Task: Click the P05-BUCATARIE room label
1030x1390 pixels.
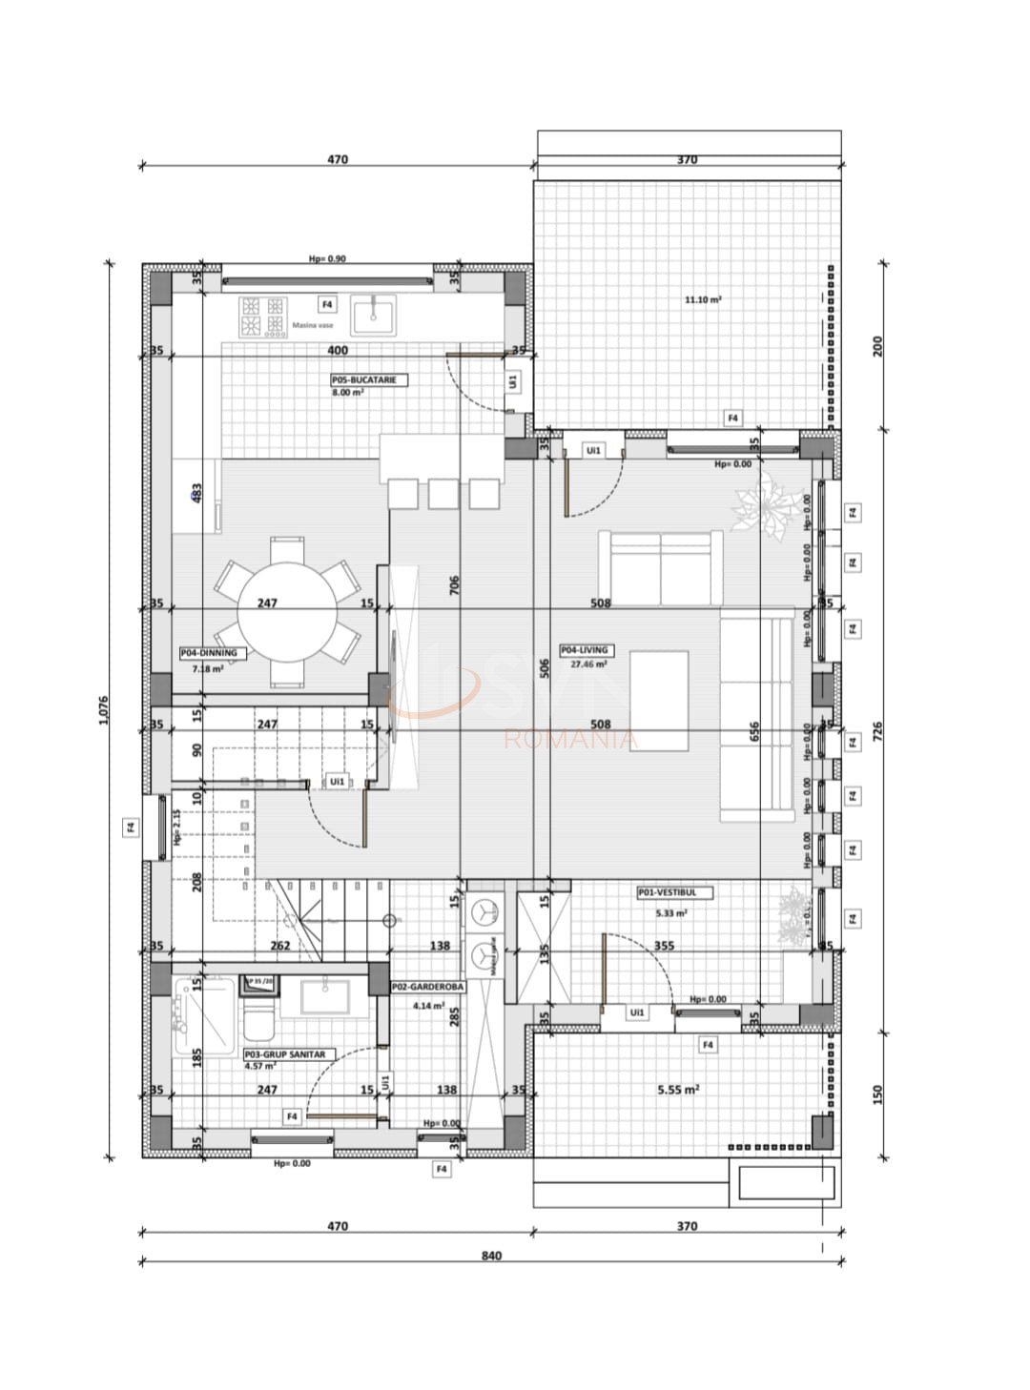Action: click(x=369, y=379)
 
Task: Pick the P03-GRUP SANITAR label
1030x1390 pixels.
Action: click(x=285, y=1054)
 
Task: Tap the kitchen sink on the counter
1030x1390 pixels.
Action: click(x=373, y=315)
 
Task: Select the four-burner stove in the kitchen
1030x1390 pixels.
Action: click(x=263, y=317)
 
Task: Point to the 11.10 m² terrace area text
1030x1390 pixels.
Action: click(x=703, y=299)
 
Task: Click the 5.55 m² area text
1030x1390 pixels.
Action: click(x=678, y=1089)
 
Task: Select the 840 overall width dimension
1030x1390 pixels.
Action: click(x=491, y=1256)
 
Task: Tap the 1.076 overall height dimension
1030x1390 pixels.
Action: click(x=104, y=710)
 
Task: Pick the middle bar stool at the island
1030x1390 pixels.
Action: click(x=443, y=494)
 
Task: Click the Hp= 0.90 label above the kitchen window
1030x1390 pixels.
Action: click(x=327, y=259)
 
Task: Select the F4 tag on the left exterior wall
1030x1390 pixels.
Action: click(x=132, y=828)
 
